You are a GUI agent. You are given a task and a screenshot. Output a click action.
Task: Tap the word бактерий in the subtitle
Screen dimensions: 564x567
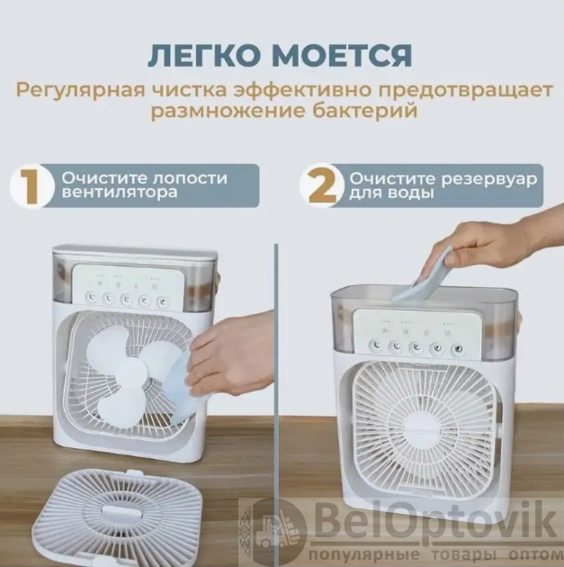[x=365, y=111]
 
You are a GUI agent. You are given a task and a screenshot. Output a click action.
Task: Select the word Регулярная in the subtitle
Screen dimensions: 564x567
[x=80, y=91]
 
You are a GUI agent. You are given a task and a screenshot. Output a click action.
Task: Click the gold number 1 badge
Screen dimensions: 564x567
[x=31, y=186]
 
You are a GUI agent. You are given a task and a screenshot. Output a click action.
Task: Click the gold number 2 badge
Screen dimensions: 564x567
[x=322, y=186]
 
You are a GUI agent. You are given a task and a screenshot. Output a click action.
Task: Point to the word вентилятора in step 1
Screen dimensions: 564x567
[x=120, y=192]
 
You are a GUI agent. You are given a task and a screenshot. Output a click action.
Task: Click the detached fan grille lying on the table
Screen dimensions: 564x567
[x=118, y=517]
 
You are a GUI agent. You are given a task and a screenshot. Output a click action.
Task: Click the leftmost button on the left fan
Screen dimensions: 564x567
[x=93, y=297]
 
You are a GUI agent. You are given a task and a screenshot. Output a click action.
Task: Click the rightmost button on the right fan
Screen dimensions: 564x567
[x=458, y=350]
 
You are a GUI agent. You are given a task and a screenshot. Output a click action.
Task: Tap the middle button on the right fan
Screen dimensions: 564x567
[x=416, y=347]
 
